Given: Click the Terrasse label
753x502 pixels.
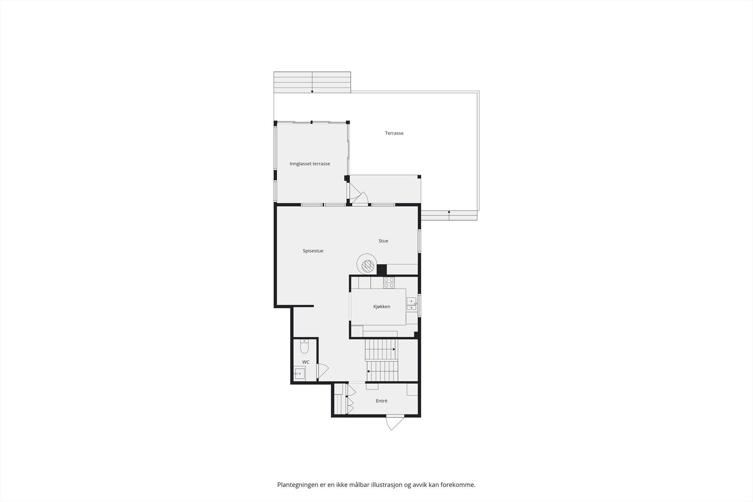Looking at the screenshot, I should tap(394, 133).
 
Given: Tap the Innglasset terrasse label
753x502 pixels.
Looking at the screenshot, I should tap(310, 164).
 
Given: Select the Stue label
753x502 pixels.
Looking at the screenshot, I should tap(383, 241).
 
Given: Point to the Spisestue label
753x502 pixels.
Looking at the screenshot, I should tap(313, 251).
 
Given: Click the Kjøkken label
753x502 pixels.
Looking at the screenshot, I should tap(382, 307).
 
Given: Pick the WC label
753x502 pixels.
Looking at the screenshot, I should tap(306, 362).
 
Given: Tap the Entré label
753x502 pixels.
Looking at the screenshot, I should tap(382, 401).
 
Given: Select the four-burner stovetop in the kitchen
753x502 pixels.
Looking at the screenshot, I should tap(389, 282).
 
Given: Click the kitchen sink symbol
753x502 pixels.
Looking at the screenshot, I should tap(411, 304).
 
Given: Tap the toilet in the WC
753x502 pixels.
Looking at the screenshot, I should tap(304, 347).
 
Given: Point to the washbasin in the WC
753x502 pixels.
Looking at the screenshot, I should tap(299, 374).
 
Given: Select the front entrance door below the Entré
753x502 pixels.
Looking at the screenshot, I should tap(394, 422).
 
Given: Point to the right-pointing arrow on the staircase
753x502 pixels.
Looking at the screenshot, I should tap(393, 349).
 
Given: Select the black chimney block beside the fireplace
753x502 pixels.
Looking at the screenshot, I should tap(382, 270).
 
